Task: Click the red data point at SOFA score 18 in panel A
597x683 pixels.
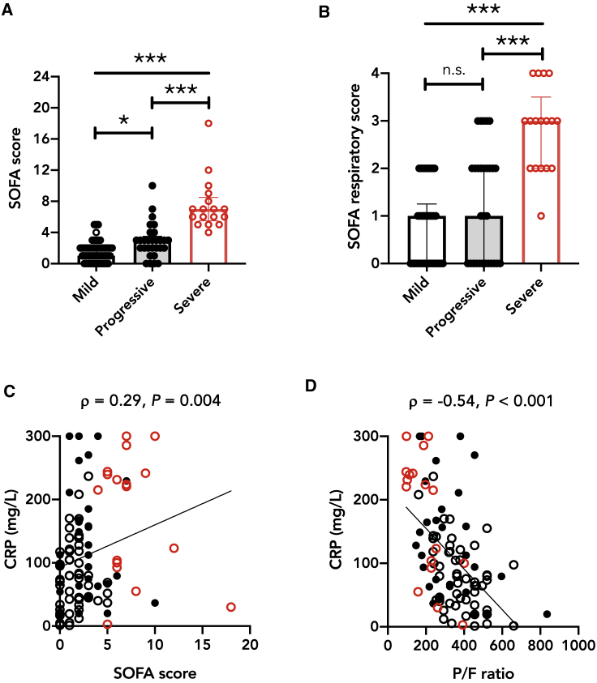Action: click(x=208, y=123)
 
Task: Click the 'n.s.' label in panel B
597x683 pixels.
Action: click(x=453, y=71)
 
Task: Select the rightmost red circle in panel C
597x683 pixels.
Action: click(x=230, y=607)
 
